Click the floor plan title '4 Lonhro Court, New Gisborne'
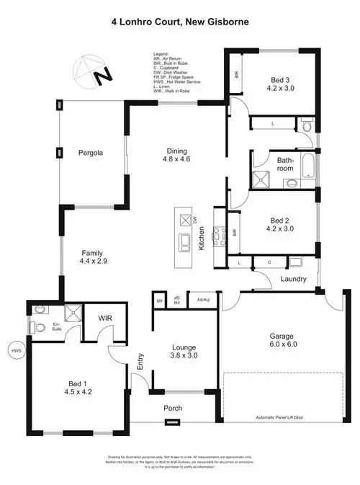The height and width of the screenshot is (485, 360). (x=180, y=22)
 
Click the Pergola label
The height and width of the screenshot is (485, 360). (x=93, y=153)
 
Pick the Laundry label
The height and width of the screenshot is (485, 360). (x=294, y=280)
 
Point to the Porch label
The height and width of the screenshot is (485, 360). (x=173, y=409)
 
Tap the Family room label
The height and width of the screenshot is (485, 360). (x=92, y=253)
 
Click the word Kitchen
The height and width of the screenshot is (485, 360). (x=202, y=237)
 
